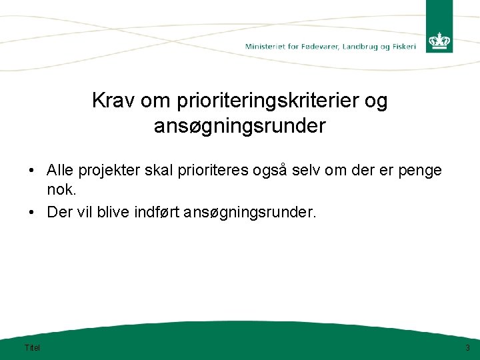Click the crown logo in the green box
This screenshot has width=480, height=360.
[439, 41]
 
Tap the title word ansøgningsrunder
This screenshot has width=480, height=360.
[239, 126]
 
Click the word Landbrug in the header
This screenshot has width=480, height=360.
[367, 47]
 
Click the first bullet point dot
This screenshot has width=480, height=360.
[31, 171]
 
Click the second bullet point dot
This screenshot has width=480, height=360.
[31, 213]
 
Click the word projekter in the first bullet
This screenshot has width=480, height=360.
[107, 171]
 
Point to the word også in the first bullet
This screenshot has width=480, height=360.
[269, 171]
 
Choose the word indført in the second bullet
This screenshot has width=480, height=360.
[156, 212]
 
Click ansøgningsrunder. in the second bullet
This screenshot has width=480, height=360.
[250, 213]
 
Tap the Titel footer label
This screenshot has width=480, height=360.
[31, 347]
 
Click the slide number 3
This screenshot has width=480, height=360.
[467, 347]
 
